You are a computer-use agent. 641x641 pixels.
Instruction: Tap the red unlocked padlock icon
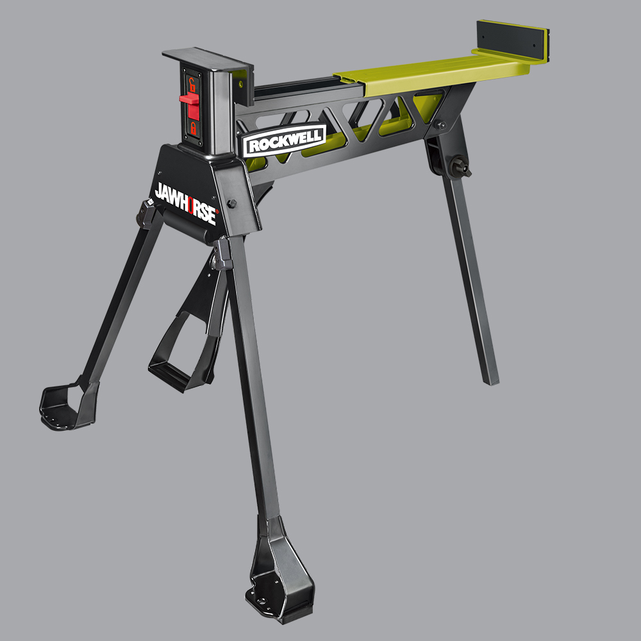pyautogui.click(x=191, y=83)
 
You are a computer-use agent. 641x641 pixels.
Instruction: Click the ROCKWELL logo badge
pyautogui.click(x=284, y=140)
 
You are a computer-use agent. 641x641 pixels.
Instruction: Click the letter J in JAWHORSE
pyautogui.click(x=158, y=190)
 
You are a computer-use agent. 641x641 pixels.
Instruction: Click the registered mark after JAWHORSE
pyautogui.click(x=217, y=210)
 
